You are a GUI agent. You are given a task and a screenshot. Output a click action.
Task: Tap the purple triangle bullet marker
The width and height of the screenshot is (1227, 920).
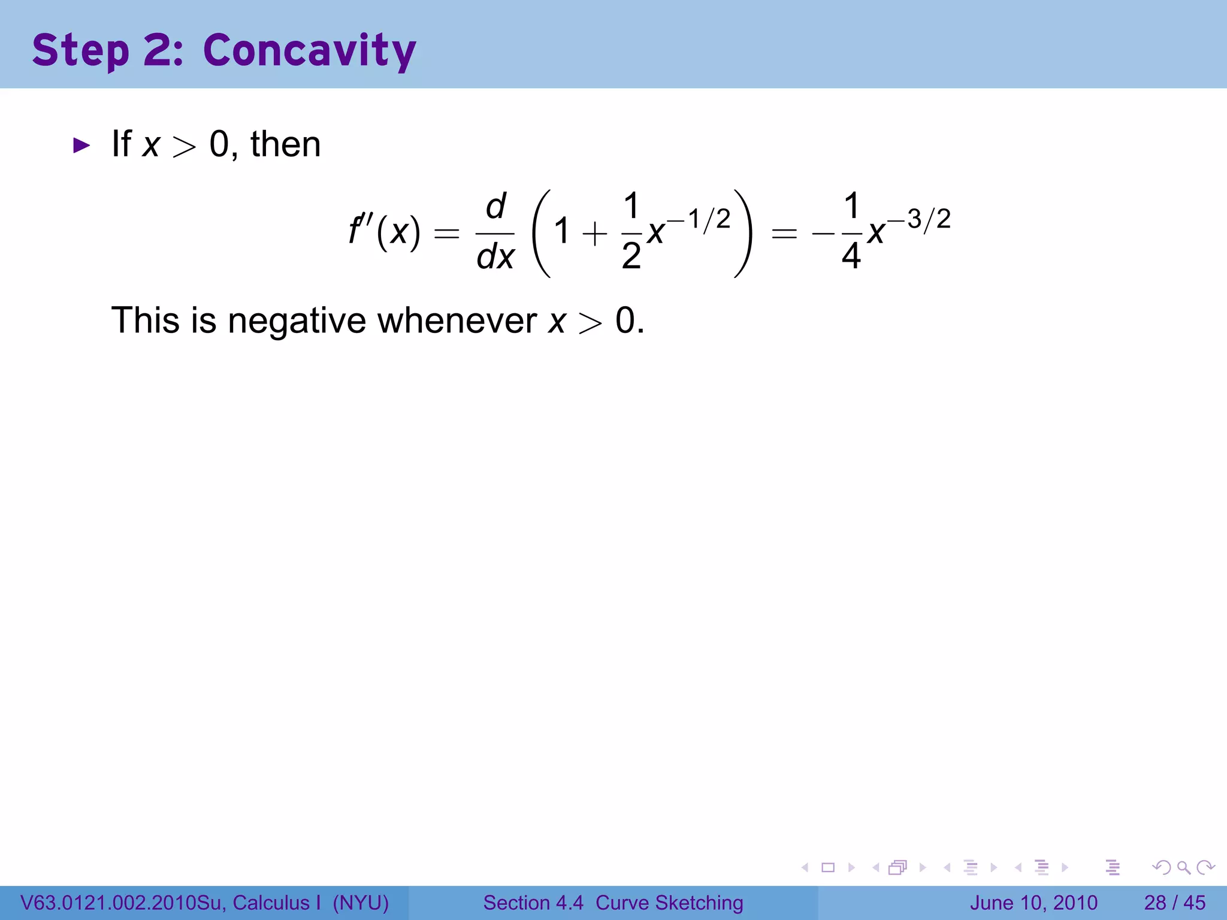coord(81,145)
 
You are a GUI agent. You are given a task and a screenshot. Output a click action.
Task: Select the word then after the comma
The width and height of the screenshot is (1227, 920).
coord(285,144)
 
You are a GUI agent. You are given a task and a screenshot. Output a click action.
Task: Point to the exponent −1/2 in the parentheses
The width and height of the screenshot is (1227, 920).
coord(699,219)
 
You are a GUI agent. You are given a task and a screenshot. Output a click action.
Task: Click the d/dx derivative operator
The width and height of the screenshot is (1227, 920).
coord(495,232)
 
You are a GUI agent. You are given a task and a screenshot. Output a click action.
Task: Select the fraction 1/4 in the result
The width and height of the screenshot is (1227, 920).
coord(851,231)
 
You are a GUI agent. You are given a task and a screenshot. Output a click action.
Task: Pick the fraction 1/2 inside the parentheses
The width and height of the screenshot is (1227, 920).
coord(631,231)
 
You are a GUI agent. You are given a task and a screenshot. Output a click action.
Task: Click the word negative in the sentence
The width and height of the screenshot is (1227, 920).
coord(297,320)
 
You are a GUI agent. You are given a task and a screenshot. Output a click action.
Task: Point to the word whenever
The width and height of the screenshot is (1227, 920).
coord(457,320)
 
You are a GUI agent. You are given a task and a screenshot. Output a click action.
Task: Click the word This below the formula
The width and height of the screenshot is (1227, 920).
coord(146,320)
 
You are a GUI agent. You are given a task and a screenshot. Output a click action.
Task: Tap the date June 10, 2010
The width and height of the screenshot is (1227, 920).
coord(1033,903)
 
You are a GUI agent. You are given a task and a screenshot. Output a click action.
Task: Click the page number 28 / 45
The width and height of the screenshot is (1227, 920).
coord(1174,903)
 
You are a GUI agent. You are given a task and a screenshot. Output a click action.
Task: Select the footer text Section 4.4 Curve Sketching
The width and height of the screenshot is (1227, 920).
coord(613,903)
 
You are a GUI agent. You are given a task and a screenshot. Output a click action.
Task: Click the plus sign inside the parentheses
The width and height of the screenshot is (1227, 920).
coord(594,233)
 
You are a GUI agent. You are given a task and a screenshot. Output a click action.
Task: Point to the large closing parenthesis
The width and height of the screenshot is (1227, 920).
coord(743,233)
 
